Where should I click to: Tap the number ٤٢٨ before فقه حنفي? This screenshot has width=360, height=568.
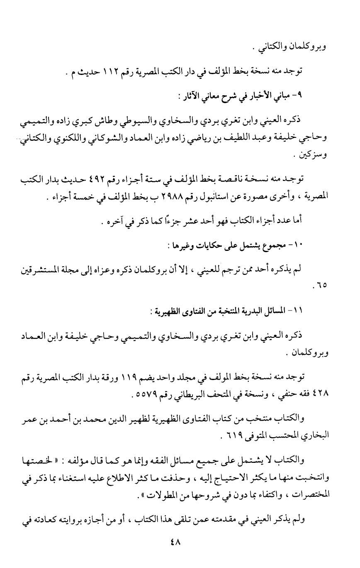(320, 392)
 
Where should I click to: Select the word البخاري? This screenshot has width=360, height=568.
(316, 435)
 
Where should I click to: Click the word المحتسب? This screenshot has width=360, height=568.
(285, 435)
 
